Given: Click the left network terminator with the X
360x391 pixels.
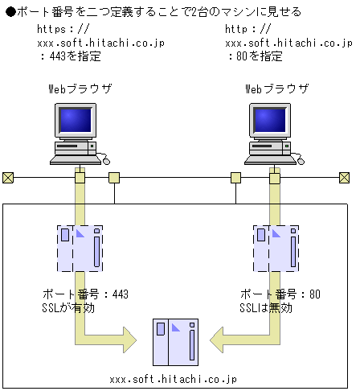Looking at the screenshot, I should click(8, 177).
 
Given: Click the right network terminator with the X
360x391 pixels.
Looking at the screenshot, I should click(344, 177).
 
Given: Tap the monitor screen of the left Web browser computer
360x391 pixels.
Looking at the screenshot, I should click(74, 119).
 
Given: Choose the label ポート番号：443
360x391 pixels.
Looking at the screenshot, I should click(85, 294).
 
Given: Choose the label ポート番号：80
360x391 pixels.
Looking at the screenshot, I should click(280, 294).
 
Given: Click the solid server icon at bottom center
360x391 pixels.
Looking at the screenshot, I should click(174, 341).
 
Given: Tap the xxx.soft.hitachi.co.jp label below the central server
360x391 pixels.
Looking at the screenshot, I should click(174, 377).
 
